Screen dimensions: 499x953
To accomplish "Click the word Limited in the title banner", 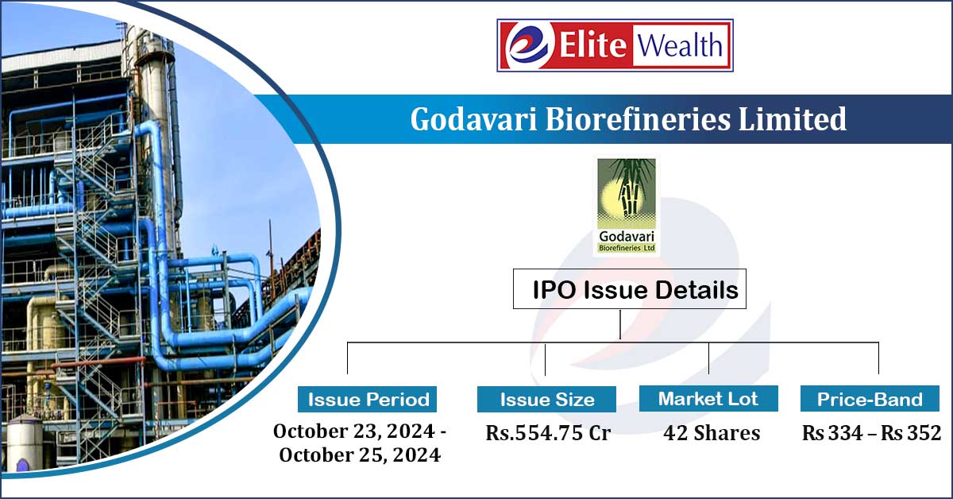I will pyautogui.click(x=795, y=120).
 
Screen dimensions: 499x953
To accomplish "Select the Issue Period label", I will pyautogui.click(x=368, y=399).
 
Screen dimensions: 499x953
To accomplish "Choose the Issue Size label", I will pyautogui.click(x=547, y=399).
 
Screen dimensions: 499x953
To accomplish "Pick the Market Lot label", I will pyautogui.click(x=708, y=399).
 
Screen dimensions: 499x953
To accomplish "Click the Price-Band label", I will pyautogui.click(x=870, y=399).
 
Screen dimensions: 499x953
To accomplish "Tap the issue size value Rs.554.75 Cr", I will pyautogui.click(x=548, y=434).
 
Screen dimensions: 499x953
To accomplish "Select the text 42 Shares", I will pyautogui.click(x=712, y=434).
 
